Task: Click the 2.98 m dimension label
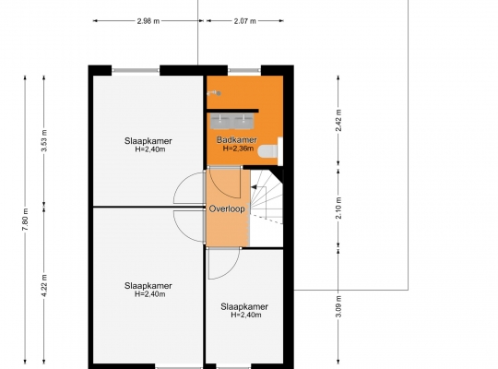point(148,21)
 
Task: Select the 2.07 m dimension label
point(245,21)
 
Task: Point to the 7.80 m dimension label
point(26,220)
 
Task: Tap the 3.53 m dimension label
point(44,140)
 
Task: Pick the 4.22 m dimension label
point(44,285)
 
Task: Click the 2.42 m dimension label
point(338,120)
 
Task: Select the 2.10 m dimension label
point(338,208)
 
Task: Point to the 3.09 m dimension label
point(338,306)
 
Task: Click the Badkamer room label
point(237,139)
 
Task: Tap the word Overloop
point(227,208)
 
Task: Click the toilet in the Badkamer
point(267,151)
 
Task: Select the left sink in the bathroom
point(219,122)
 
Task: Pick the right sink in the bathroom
point(243,122)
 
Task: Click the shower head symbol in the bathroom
point(214,93)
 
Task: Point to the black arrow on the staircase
point(254,187)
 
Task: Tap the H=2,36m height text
point(238,149)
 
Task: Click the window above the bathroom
point(244,70)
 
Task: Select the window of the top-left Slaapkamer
point(136,70)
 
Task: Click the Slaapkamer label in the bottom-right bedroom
point(244,306)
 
